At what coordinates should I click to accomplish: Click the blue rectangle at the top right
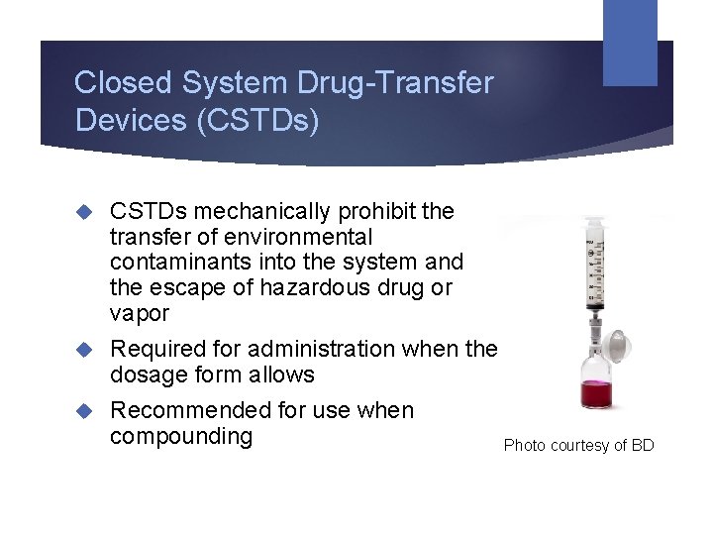click(630, 42)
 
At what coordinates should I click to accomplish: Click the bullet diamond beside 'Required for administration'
click(86, 350)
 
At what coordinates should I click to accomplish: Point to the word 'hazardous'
click(319, 288)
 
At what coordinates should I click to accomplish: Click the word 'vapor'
click(140, 314)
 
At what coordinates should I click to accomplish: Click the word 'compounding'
click(181, 437)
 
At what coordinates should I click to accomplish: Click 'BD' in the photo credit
click(642, 446)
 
